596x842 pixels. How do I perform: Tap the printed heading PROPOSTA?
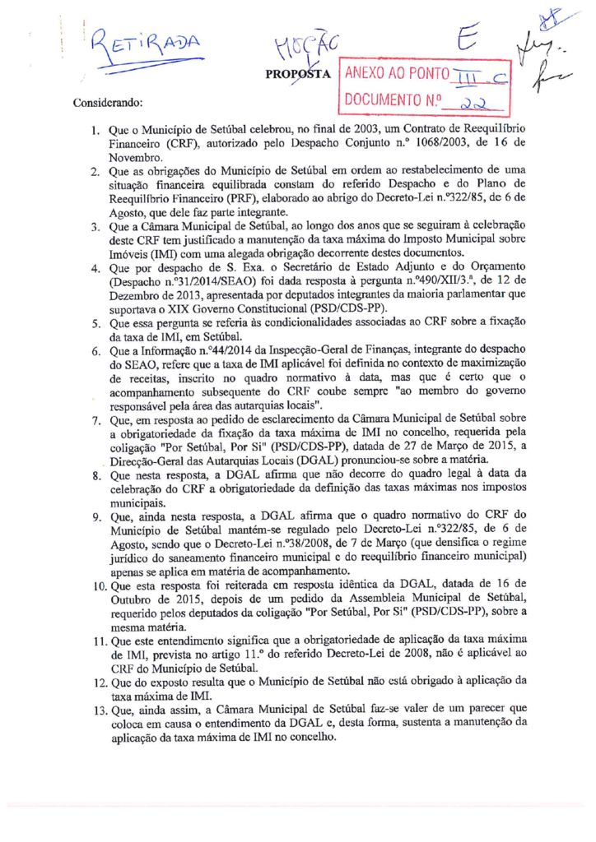point(298,74)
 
